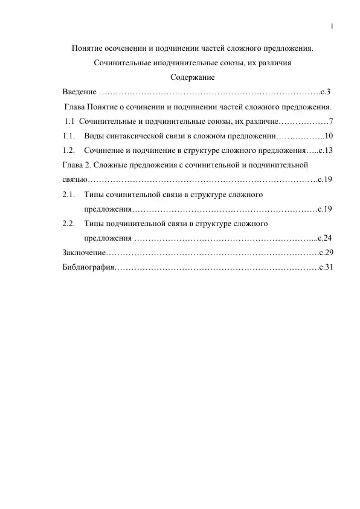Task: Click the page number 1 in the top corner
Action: pyautogui.click(x=333, y=26)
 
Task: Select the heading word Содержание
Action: pyautogui.click(x=193, y=77)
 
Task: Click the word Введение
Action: pyautogui.click(x=79, y=92)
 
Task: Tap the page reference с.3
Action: pyautogui.click(x=326, y=92)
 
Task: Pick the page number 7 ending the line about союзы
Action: pyautogui.click(x=332, y=122)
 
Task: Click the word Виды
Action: pyautogui.click(x=95, y=136)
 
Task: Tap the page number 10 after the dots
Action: pyautogui.click(x=329, y=136)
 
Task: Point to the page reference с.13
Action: pyautogui.click(x=326, y=151)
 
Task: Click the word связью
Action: pyautogui.click(x=76, y=180)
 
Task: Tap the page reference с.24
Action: pyautogui.click(x=325, y=238)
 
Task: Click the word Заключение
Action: pyautogui.click(x=85, y=253)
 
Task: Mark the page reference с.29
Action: pyautogui.click(x=326, y=253)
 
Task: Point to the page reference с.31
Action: pyautogui.click(x=326, y=267)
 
